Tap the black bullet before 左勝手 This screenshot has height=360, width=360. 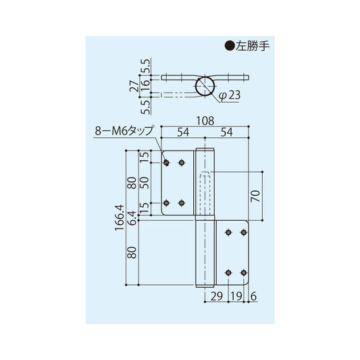228,47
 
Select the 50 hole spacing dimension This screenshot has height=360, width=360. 143,182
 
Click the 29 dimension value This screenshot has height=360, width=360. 216,296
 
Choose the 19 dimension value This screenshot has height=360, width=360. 236,296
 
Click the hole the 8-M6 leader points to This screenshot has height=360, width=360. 166,163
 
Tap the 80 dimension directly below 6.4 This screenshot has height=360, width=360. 132,253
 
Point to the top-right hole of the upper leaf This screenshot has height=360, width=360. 181,163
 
